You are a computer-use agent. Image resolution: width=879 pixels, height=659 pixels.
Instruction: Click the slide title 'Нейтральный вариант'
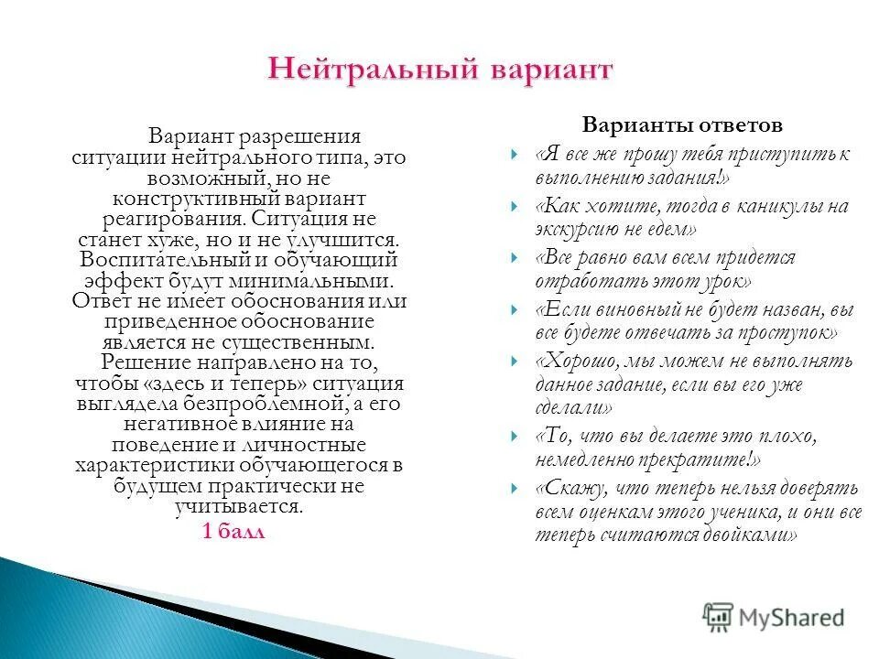pyautogui.click(x=439, y=70)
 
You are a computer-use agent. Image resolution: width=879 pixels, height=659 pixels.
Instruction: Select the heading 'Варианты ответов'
pyautogui.click(x=682, y=124)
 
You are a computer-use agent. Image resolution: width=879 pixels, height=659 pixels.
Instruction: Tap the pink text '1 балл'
pyautogui.click(x=233, y=532)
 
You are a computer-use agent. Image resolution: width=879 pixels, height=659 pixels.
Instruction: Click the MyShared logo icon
pyautogui.click(x=719, y=617)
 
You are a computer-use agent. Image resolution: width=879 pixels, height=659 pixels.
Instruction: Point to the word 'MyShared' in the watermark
pyautogui.click(x=791, y=618)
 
